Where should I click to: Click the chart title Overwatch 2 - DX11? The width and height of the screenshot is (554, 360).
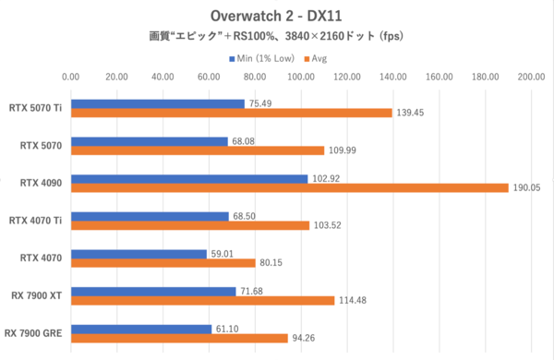[x=276, y=17]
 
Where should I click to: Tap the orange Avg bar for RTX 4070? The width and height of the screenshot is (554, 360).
[x=163, y=262]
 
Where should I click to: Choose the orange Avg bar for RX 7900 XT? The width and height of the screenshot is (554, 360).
[x=202, y=300]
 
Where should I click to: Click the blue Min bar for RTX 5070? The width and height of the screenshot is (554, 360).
[x=149, y=141]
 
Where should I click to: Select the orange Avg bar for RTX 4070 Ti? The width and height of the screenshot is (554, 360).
[x=189, y=224]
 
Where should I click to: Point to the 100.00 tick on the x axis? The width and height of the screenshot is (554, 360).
[x=301, y=77]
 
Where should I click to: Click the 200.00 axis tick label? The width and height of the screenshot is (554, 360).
[x=531, y=77]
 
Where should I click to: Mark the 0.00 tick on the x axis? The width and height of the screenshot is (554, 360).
[x=70, y=77]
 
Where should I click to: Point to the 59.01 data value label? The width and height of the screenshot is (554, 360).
[x=224, y=252]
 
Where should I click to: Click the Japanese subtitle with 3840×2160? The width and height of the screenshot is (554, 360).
[x=276, y=37]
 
